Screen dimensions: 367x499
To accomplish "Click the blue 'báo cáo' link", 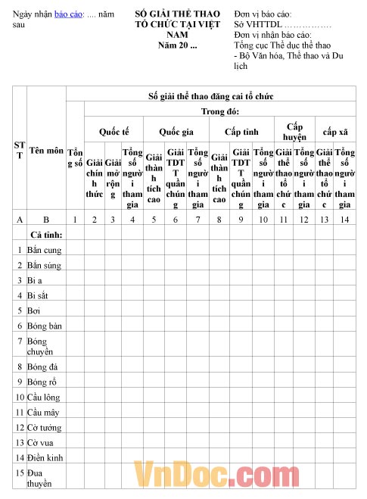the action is (70, 14).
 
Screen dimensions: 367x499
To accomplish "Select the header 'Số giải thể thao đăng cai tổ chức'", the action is (210, 96).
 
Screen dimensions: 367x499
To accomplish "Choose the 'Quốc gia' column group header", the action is (176, 131).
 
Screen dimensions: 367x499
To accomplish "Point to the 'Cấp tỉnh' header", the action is (242, 131).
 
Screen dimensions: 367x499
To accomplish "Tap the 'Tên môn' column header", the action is (46, 151).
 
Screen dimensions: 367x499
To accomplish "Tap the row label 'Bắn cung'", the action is (44, 249).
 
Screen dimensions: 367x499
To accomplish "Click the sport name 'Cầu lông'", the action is (45, 397).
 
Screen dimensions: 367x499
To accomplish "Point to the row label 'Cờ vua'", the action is (42, 442).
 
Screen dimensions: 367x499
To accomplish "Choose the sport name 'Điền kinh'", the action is (45, 457).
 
